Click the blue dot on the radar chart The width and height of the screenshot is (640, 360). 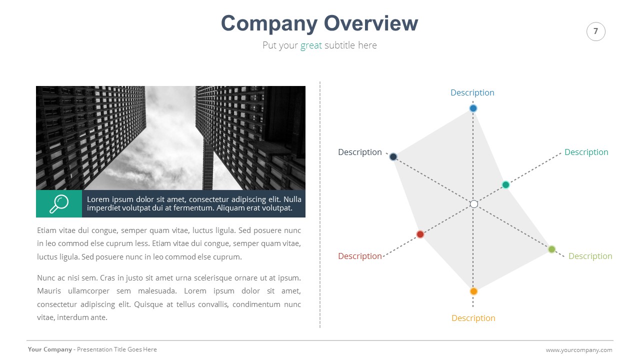coord(473,108)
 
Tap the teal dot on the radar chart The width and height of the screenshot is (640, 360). coord(505,185)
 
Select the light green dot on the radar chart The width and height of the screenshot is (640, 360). coord(551,249)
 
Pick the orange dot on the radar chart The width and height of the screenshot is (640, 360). coord(473,291)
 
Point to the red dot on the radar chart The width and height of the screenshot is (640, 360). coord(420,234)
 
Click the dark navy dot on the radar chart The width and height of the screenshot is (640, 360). coord(393,157)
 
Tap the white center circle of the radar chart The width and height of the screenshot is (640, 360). coord(474,204)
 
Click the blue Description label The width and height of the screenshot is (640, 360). coord(472,92)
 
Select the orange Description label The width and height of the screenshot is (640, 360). coord(473,318)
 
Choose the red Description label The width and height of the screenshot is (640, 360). coord(359,256)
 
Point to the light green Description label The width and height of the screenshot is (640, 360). coord(590,256)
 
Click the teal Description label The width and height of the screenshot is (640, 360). coord(586,152)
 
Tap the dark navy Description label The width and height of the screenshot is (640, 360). coord(359,152)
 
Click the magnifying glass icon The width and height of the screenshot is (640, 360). coord(59,203)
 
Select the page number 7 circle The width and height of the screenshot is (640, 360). coord(595,31)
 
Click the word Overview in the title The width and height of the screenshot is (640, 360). coord(370,23)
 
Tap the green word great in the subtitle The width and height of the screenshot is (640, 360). coord(311,45)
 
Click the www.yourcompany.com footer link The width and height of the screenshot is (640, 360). coord(579,350)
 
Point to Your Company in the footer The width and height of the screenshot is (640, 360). coord(49,349)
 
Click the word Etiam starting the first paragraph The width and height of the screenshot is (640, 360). coord(47,230)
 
